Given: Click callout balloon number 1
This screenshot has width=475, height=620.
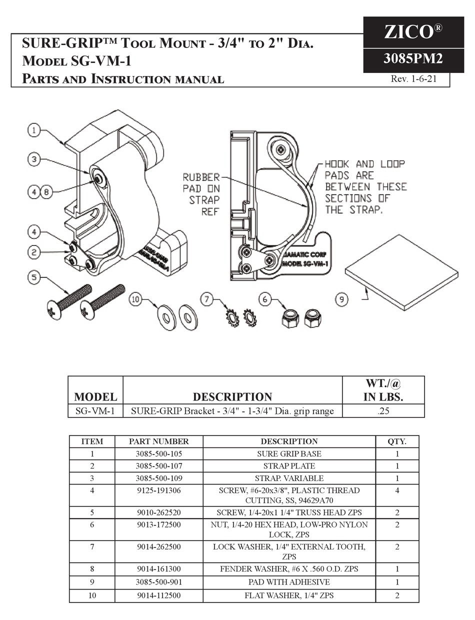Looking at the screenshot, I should click(x=34, y=130).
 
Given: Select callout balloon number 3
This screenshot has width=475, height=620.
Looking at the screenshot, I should click(x=34, y=159).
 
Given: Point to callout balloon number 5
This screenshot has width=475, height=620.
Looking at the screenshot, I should click(x=34, y=276).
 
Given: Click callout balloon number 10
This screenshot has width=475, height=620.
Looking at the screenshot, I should click(x=135, y=299).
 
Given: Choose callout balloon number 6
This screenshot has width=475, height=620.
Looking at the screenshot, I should click(x=265, y=299).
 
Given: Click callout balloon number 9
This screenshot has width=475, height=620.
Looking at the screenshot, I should click(x=341, y=299).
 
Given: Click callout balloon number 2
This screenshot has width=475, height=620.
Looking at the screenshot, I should click(x=34, y=252).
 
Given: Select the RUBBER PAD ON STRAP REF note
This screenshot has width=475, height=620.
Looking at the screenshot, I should click(x=201, y=194).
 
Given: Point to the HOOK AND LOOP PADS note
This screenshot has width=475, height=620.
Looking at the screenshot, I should click(x=365, y=186).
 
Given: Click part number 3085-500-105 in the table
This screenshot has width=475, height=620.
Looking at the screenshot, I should click(x=159, y=454).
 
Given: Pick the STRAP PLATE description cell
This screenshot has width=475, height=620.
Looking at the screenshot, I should click(x=289, y=466).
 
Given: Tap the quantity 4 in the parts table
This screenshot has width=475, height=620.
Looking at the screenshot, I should click(x=397, y=490).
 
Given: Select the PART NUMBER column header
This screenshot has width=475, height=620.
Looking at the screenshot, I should click(x=159, y=441).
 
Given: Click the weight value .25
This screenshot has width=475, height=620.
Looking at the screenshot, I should click(x=383, y=411).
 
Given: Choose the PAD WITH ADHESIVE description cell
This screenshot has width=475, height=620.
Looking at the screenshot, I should click(x=289, y=582).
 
